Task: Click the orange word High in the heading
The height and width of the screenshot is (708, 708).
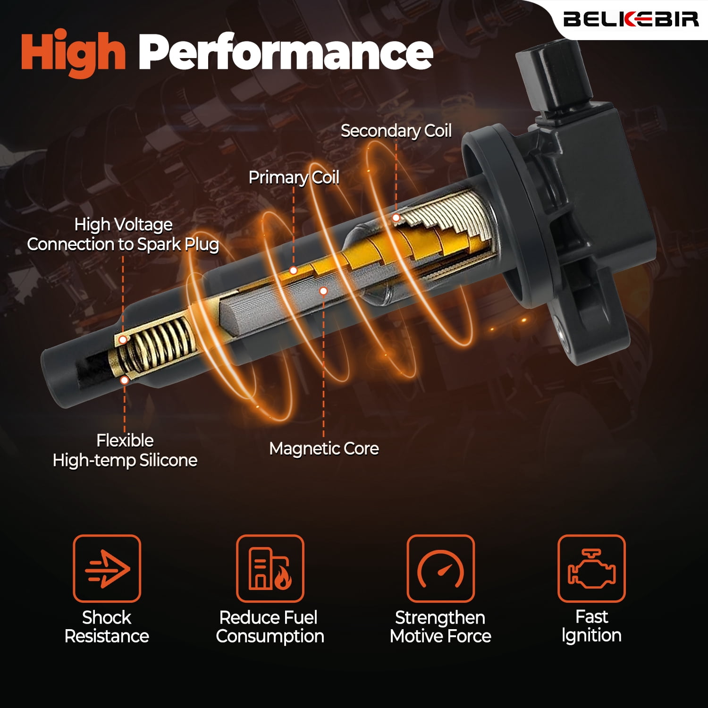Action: (x=73, y=53)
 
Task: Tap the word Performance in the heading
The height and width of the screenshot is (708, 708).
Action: (x=286, y=52)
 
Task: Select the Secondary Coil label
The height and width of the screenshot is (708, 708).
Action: (x=396, y=131)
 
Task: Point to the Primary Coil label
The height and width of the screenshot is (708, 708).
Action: (x=294, y=177)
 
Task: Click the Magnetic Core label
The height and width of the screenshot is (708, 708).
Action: (x=324, y=448)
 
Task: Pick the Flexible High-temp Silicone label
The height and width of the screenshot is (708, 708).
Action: (x=125, y=450)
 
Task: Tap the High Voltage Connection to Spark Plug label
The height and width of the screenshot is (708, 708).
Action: (x=123, y=235)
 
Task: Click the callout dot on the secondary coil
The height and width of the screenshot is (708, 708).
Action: (x=396, y=218)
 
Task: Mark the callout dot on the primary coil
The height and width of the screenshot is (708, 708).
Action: (x=293, y=270)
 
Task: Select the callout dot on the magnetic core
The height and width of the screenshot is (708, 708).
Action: (x=323, y=291)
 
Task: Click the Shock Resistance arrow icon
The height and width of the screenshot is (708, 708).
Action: (x=107, y=568)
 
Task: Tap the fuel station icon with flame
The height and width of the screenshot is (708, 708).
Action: (x=270, y=568)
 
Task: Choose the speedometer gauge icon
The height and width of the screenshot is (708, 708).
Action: (x=440, y=568)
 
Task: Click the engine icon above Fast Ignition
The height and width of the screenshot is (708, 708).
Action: (x=591, y=568)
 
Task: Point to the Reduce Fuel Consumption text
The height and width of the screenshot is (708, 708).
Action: (x=270, y=627)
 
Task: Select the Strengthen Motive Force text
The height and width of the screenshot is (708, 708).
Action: (x=440, y=627)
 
